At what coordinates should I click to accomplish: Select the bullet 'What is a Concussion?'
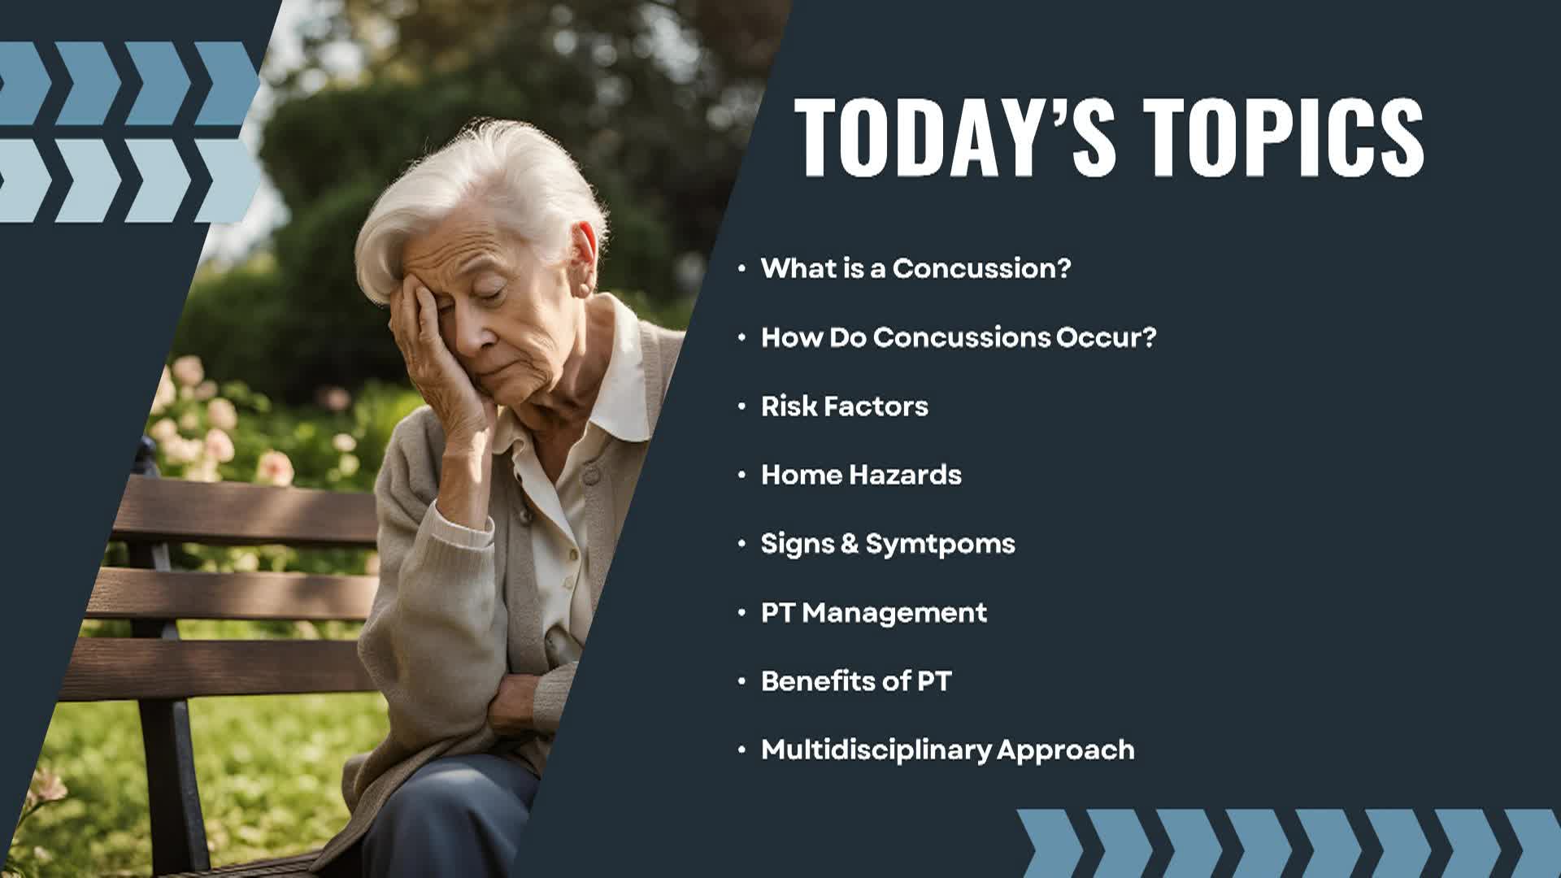click(x=915, y=268)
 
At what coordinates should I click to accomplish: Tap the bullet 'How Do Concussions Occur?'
click(x=958, y=337)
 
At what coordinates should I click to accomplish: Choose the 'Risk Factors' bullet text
click(x=844, y=406)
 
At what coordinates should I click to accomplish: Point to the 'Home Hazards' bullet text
click(x=861, y=475)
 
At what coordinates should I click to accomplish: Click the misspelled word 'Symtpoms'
click(x=940, y=544)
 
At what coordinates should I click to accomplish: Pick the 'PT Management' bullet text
click(x=873, y=612)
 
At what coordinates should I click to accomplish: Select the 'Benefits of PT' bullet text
click(x=855, y=681)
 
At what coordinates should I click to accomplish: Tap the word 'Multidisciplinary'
click(x=876, y=750)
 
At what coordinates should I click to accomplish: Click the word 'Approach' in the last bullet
click(x=1066, y=750)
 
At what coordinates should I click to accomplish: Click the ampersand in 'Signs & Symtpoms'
click(x=850, y=544)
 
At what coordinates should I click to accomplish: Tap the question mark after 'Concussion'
click(x=1062, y=268)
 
